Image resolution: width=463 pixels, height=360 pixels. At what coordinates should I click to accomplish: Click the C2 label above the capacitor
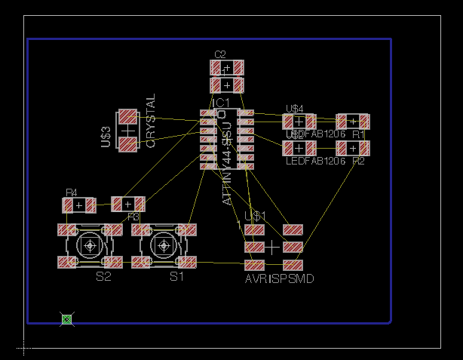pyautogui.click(x=220, y=54)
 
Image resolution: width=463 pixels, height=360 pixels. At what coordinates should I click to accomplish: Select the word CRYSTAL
pyautogui.click(x=150, y=121)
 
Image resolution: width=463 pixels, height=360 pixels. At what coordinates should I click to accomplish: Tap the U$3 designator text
pyautogui.click(x=106, y=137)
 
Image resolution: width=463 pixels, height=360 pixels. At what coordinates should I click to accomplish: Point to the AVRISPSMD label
pyautogui.click(x=279, y=278)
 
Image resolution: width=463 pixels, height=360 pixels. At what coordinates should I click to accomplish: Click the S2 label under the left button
pyautogui.click(x=103, y=277)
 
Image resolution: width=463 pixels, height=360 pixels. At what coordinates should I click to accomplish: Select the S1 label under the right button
pyautogui.click(x=176, y=277)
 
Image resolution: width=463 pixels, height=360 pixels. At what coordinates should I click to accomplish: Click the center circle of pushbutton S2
pyautogui.click(x=90, y=245)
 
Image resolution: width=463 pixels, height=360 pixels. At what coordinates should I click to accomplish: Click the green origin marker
pyautogui.click(x=66, y=320)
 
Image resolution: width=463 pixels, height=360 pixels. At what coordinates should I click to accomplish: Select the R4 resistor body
pyautogui.click(x=78, y=205)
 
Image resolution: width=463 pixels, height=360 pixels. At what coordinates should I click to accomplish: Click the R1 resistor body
pyautogui.click(x=352, y=121)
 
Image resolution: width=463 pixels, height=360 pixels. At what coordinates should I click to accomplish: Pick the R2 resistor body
pyautogui.click(x=352, y=148)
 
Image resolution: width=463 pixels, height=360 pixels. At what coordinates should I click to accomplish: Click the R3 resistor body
pyautogui.click(x=128, y=204)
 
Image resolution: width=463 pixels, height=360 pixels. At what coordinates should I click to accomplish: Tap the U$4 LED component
pyautogui.click(x=299, y=121)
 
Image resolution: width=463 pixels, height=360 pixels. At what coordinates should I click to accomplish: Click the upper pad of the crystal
pyautogui.click(x=128, y=117)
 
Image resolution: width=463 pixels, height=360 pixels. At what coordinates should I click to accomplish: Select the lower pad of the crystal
pyautogui.click(x=128, y=143)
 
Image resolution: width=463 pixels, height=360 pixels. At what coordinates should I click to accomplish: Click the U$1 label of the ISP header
pyautogui.click(x=256, y=217)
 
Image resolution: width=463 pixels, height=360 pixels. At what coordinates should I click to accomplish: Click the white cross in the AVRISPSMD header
pyautogui.click(x=271, y=247)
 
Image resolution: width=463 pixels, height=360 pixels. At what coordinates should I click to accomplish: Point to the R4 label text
pyautogui.click(x=72, y=193)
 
